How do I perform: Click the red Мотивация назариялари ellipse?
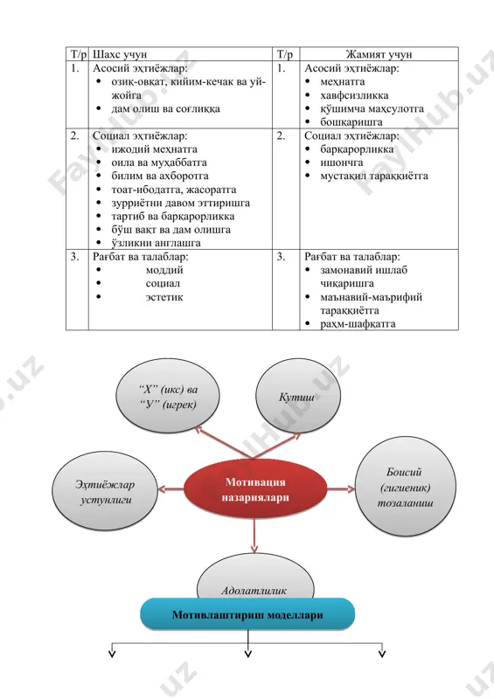tap(255, 489)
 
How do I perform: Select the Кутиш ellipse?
tap(297, 397)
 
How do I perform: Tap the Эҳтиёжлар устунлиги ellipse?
tap(105, 492)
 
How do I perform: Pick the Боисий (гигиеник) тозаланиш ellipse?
tap(405, 487)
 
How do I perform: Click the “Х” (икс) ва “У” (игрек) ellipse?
tap(168, 397)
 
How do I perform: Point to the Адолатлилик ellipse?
tap(255, 578)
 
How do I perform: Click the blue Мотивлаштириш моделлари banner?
tap(247, 615)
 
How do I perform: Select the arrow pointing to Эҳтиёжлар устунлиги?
tap(170, 489)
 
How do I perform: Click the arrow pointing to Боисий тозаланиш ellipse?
tap(341, 489)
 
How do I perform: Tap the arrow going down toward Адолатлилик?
tap(254, 536)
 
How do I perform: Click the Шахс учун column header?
tap(120, 54)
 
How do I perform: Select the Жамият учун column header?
tap(379, 54)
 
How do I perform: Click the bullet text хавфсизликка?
tap(354, 95)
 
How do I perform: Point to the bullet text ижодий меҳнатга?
tap(155, 149)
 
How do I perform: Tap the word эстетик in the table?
tap(164, 297)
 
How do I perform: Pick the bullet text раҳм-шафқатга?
tap(358, 324)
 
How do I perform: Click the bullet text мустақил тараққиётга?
tap(374, 176)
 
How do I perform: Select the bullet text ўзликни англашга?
tap(157, 244)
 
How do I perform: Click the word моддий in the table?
tap(164, 270)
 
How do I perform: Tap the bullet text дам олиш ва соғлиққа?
tap(165, 109)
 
